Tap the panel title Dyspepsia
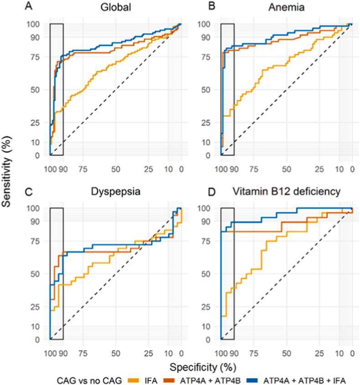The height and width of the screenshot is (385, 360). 115,192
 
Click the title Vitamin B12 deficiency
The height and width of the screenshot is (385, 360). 286,192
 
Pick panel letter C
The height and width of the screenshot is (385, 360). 28,192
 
